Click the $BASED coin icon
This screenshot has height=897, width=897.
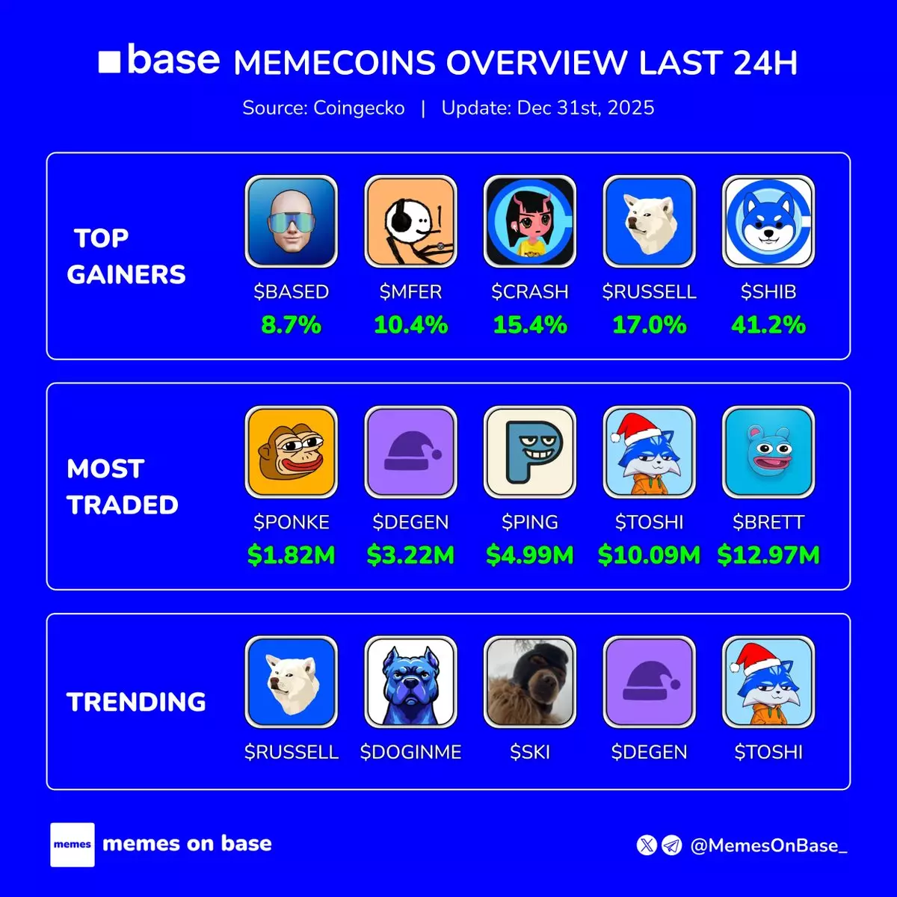click(x=292, y=221)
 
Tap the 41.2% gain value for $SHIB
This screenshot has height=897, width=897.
click(x=768, y=325)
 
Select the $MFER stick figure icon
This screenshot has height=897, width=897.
click(x=410, y=221)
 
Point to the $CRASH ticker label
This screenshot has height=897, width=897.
click(x=530, y=292)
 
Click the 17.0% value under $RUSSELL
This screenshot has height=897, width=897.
click(x=650, y=325)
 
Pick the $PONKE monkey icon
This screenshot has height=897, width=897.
click(x=292, y=452)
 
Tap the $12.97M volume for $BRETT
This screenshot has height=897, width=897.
click(x=768, y=555)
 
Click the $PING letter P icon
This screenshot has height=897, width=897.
click(x=530, y=452)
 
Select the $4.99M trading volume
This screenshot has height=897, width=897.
click(x=530, y=555)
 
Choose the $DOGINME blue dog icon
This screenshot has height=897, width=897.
click(x=410, y=682)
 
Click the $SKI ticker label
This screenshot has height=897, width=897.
click(x=530, y=752)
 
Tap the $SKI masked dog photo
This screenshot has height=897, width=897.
click(x=530, y=682)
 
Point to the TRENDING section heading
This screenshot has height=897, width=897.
click(x=136, y=702)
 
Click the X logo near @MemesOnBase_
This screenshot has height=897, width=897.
click(x=647, y=845)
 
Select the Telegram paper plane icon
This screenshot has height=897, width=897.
click(x=672, y=845)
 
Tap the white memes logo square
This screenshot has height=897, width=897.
click(x=73, y=845)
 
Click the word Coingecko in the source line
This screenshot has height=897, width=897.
click(x=359, y=108)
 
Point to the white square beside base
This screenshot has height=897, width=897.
click(x=109, y=61)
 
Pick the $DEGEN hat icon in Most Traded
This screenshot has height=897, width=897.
click(x=410, y=452)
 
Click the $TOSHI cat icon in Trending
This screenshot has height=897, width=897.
click(x=768, y=682)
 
